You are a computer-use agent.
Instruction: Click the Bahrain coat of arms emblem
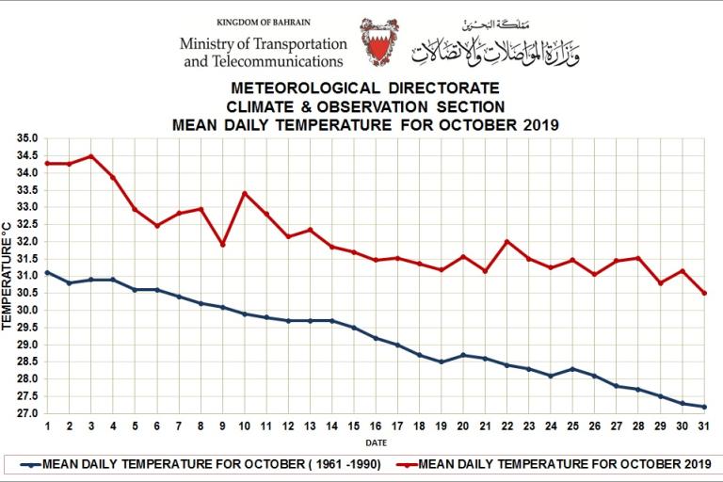pos(379,42)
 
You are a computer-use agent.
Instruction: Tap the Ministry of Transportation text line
pos(264,43)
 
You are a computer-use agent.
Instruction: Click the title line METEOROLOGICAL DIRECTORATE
pos(365,88)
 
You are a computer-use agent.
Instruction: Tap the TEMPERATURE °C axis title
pos(8,276)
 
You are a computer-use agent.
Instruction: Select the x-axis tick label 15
pos(353,426)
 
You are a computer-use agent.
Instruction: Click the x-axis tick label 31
pos(703,426)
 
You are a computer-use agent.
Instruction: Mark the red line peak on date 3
pos(90,156)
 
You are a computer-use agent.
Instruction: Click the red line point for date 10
pos(245,193)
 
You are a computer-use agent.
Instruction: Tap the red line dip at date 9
pos(222,245)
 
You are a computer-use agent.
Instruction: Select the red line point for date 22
pos(507,241)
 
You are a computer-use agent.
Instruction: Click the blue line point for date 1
pos(47,272)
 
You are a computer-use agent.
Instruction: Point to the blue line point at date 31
pos(703,407)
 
